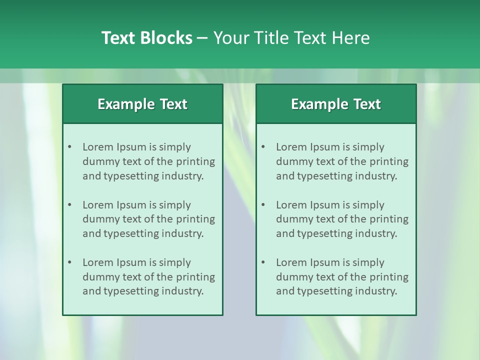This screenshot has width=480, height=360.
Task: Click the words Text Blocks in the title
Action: (146, 38)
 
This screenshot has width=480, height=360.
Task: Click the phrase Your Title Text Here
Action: (291, 38)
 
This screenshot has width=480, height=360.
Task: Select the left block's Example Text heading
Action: (142, 104)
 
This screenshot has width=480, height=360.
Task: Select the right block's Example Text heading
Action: (336, 104)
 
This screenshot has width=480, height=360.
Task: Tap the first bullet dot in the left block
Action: (69, 147)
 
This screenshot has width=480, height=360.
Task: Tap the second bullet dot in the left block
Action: (69, 205)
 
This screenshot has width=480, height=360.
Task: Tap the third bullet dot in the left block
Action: (69, 262)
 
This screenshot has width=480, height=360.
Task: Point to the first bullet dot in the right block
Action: (263, 147)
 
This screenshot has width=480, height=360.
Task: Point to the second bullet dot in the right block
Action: (263, 205)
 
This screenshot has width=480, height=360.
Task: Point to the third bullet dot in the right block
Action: (263, 262)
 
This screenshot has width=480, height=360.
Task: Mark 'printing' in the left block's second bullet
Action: (196, 219)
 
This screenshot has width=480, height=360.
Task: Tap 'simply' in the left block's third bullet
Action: (175, 262)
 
